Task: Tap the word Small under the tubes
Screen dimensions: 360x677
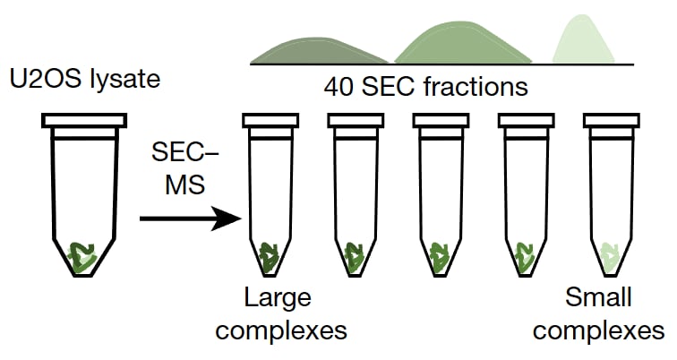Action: (598, 297)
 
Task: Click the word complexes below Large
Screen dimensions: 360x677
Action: (281, 330)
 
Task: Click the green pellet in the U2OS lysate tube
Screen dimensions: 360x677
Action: (83, 256)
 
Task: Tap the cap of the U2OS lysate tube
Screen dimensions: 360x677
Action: (82, 119)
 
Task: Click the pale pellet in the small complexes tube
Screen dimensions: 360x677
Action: (611, 256)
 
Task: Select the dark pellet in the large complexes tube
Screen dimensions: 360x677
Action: (270, 256)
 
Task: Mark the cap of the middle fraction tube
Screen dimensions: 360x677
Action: (440, 119)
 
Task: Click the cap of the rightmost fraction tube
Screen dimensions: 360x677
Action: (611, 119)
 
